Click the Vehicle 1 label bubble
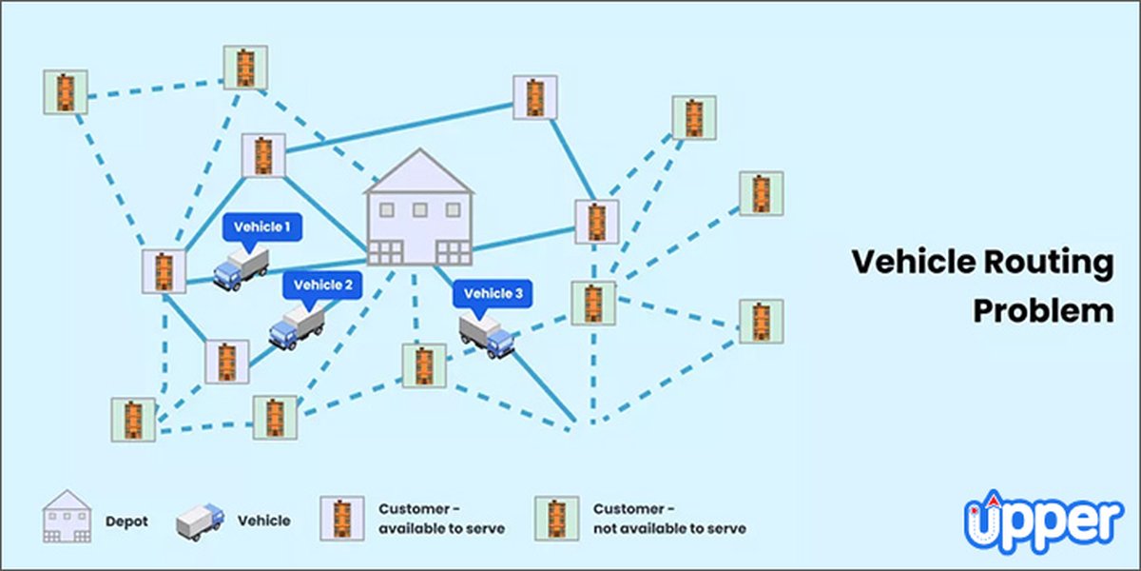tap(262, 228)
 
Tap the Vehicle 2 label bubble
tap(322, 285)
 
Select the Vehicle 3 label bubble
tap(493, 294)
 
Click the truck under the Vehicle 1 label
tap(241, 268)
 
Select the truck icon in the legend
tap(201, 520)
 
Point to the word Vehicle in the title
tap(910, 264)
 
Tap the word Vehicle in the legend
tap(263, 521)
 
